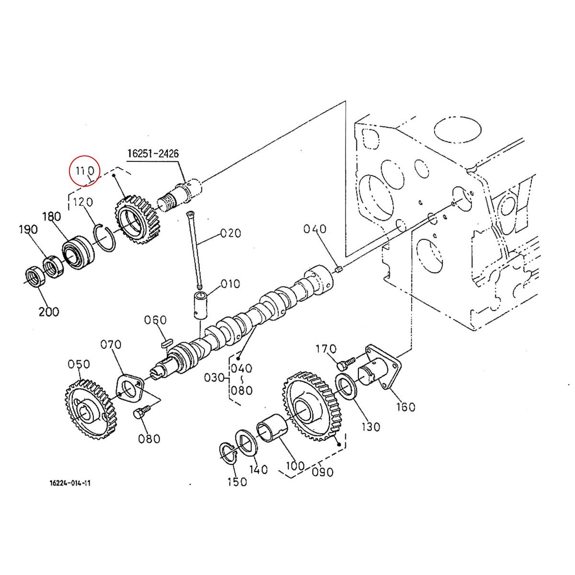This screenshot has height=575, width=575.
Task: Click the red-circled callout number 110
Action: (84, 170)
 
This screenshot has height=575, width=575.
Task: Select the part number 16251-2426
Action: (153, 154)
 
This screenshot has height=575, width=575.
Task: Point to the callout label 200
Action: (49, 312)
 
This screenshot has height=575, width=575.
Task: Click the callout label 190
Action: (28, 230)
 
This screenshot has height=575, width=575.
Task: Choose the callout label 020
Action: (230, 234)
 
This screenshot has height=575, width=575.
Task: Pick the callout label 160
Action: (405, 407)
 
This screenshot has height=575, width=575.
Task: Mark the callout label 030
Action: (214, 378)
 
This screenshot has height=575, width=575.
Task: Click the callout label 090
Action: (322, 472)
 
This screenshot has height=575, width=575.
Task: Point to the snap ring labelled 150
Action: (229, 454)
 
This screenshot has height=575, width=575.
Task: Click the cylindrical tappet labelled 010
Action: (200, 305)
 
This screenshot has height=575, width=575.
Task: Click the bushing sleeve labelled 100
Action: (272, 430)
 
